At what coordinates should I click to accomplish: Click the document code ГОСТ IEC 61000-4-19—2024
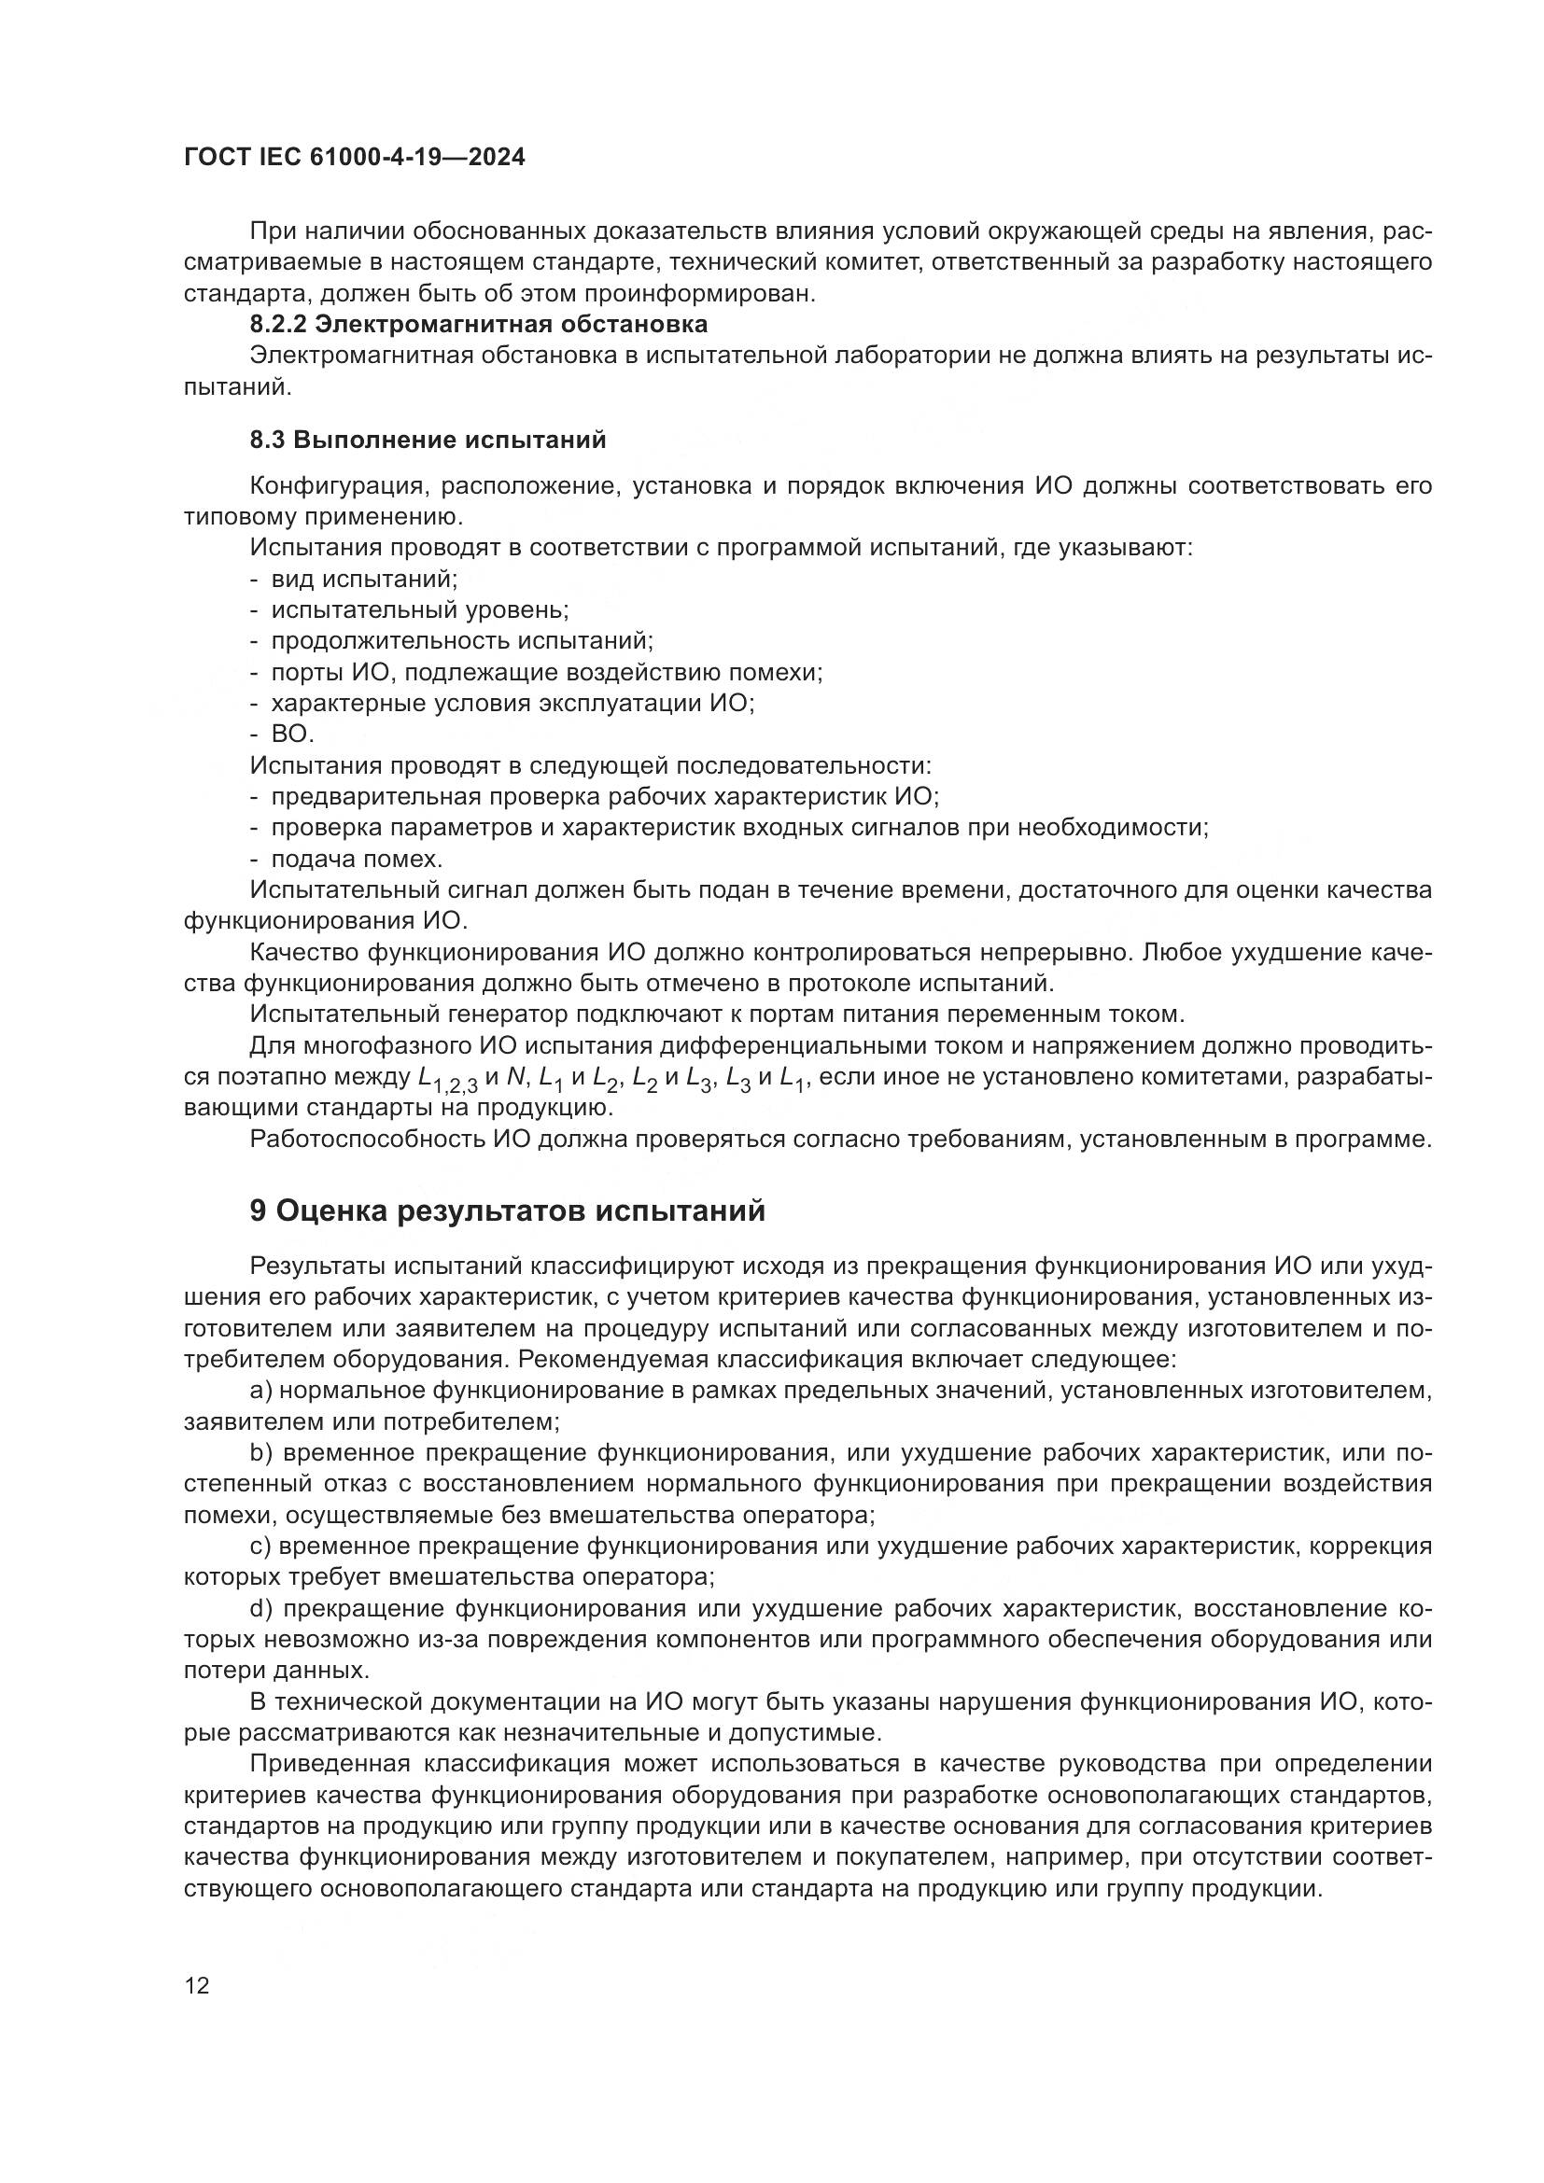pyautogui.click(x=354, y=158)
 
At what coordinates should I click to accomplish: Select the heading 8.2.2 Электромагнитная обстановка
pyautogui.click(x=478, y=324)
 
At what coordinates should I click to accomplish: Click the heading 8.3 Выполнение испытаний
pyautogui.click(x=428, y=441)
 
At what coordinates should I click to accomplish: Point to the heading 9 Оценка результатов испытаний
pyautogui.click(x=508, y=1211)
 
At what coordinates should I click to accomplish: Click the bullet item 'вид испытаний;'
pyautogui.click(x=364, y=579)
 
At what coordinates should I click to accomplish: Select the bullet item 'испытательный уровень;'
pyautogui.click(x=419, y=609)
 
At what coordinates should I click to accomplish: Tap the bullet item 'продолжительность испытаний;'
pyautogui.click(x=462, y=641)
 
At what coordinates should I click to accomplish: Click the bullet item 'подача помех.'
pyautogui.click(x=357, y=860)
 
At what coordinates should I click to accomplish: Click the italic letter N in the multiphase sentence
pyautogui.click(x=516, y=1077)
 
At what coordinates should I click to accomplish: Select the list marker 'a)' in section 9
pyautogui.click(x=261, y=1391)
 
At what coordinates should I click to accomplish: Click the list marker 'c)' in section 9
pyautogui.click(x=261, y=1546)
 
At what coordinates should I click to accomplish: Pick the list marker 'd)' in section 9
pyautogui.click(x=261, y=1609)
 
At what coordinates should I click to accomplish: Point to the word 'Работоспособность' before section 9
pyautogui.click(x=368, y=1139)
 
